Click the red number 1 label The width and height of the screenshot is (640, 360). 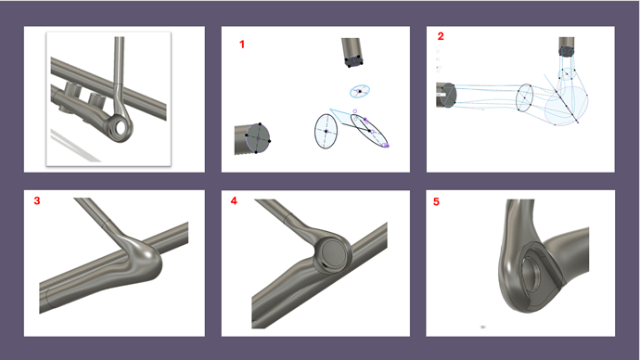click(242, 45)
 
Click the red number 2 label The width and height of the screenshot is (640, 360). click(441, 36)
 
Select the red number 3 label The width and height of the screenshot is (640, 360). click(37, 200)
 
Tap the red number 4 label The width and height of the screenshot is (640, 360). click(234, 200)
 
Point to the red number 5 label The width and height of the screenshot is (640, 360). click(436, 201)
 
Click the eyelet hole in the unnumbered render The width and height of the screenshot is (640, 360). click(122, 127)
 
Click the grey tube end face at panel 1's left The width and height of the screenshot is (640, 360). click(258, 138)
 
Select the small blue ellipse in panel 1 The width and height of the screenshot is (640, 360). click(360, 91)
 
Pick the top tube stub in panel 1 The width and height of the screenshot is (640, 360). click(352, 52)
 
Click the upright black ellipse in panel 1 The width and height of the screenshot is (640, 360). click(326, 131)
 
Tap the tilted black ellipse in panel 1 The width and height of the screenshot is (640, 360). click(369, 130)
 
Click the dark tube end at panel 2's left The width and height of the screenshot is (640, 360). click(446, 95)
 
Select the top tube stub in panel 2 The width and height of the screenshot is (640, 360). click(567, 47)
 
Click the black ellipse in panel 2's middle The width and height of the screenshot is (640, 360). click(524, 97)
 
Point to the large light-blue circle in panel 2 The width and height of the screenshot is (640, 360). click(567, 106)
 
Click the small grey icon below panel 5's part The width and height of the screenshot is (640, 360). click(483, 327)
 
